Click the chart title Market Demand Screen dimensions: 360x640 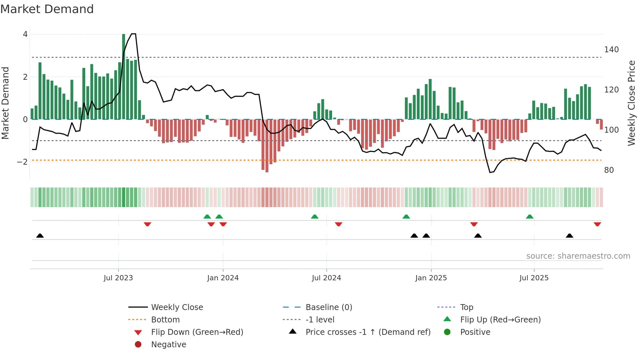[47, 9]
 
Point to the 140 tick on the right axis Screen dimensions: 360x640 [611, 50]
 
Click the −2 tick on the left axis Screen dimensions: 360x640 [22, 162]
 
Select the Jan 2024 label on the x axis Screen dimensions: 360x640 [223, 278]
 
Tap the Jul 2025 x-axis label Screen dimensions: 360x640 [534, 278]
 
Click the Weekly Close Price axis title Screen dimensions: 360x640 [632, 103]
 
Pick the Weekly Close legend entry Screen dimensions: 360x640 [177, 307]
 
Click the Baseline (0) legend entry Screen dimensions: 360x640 [328, 307]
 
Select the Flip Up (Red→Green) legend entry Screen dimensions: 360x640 [500, 320]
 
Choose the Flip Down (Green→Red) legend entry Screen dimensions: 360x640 [197, 332]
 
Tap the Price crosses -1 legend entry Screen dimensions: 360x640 [368, 332]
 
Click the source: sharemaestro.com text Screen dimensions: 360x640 [578, 256]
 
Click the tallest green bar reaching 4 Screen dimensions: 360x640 [124, 77]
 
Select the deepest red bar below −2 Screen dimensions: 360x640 [267, 146]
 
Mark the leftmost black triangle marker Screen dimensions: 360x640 [40, 236]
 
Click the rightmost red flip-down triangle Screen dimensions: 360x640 [597, 224]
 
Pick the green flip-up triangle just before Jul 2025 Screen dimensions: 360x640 [530, 217]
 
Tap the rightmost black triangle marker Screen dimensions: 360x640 [569, 236]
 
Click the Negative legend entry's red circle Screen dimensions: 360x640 [138, 345]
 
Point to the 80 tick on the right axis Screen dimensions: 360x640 [609, 170]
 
